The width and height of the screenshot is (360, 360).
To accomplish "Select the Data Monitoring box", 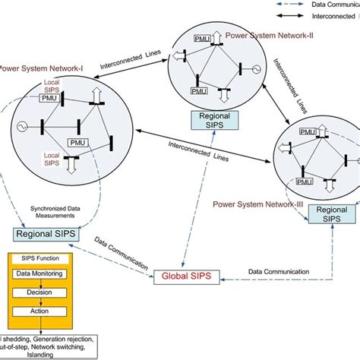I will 37,273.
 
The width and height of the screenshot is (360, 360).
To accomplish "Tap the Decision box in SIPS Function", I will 37,291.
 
